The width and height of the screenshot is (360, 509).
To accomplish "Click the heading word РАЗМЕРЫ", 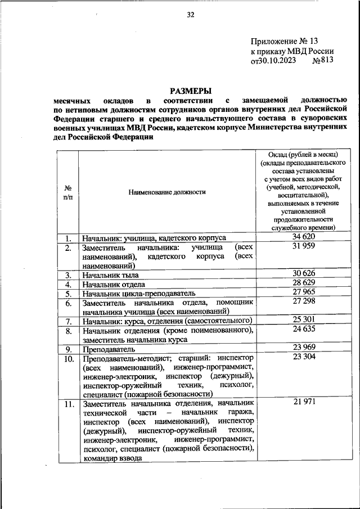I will tap(191, 90).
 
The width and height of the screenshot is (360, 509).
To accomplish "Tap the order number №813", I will tap(323, 61).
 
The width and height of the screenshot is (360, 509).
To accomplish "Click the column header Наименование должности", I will tap(167, 192).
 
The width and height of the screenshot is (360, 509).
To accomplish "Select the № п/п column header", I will tap(67, 192).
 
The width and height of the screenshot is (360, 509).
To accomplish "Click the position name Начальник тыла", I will tap(110, 275).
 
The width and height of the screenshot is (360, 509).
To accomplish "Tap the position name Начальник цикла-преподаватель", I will tap(138, 293).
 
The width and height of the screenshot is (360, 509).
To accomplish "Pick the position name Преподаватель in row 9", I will tap(105, 349).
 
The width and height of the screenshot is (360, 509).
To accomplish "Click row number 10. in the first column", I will tap(68, 358).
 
